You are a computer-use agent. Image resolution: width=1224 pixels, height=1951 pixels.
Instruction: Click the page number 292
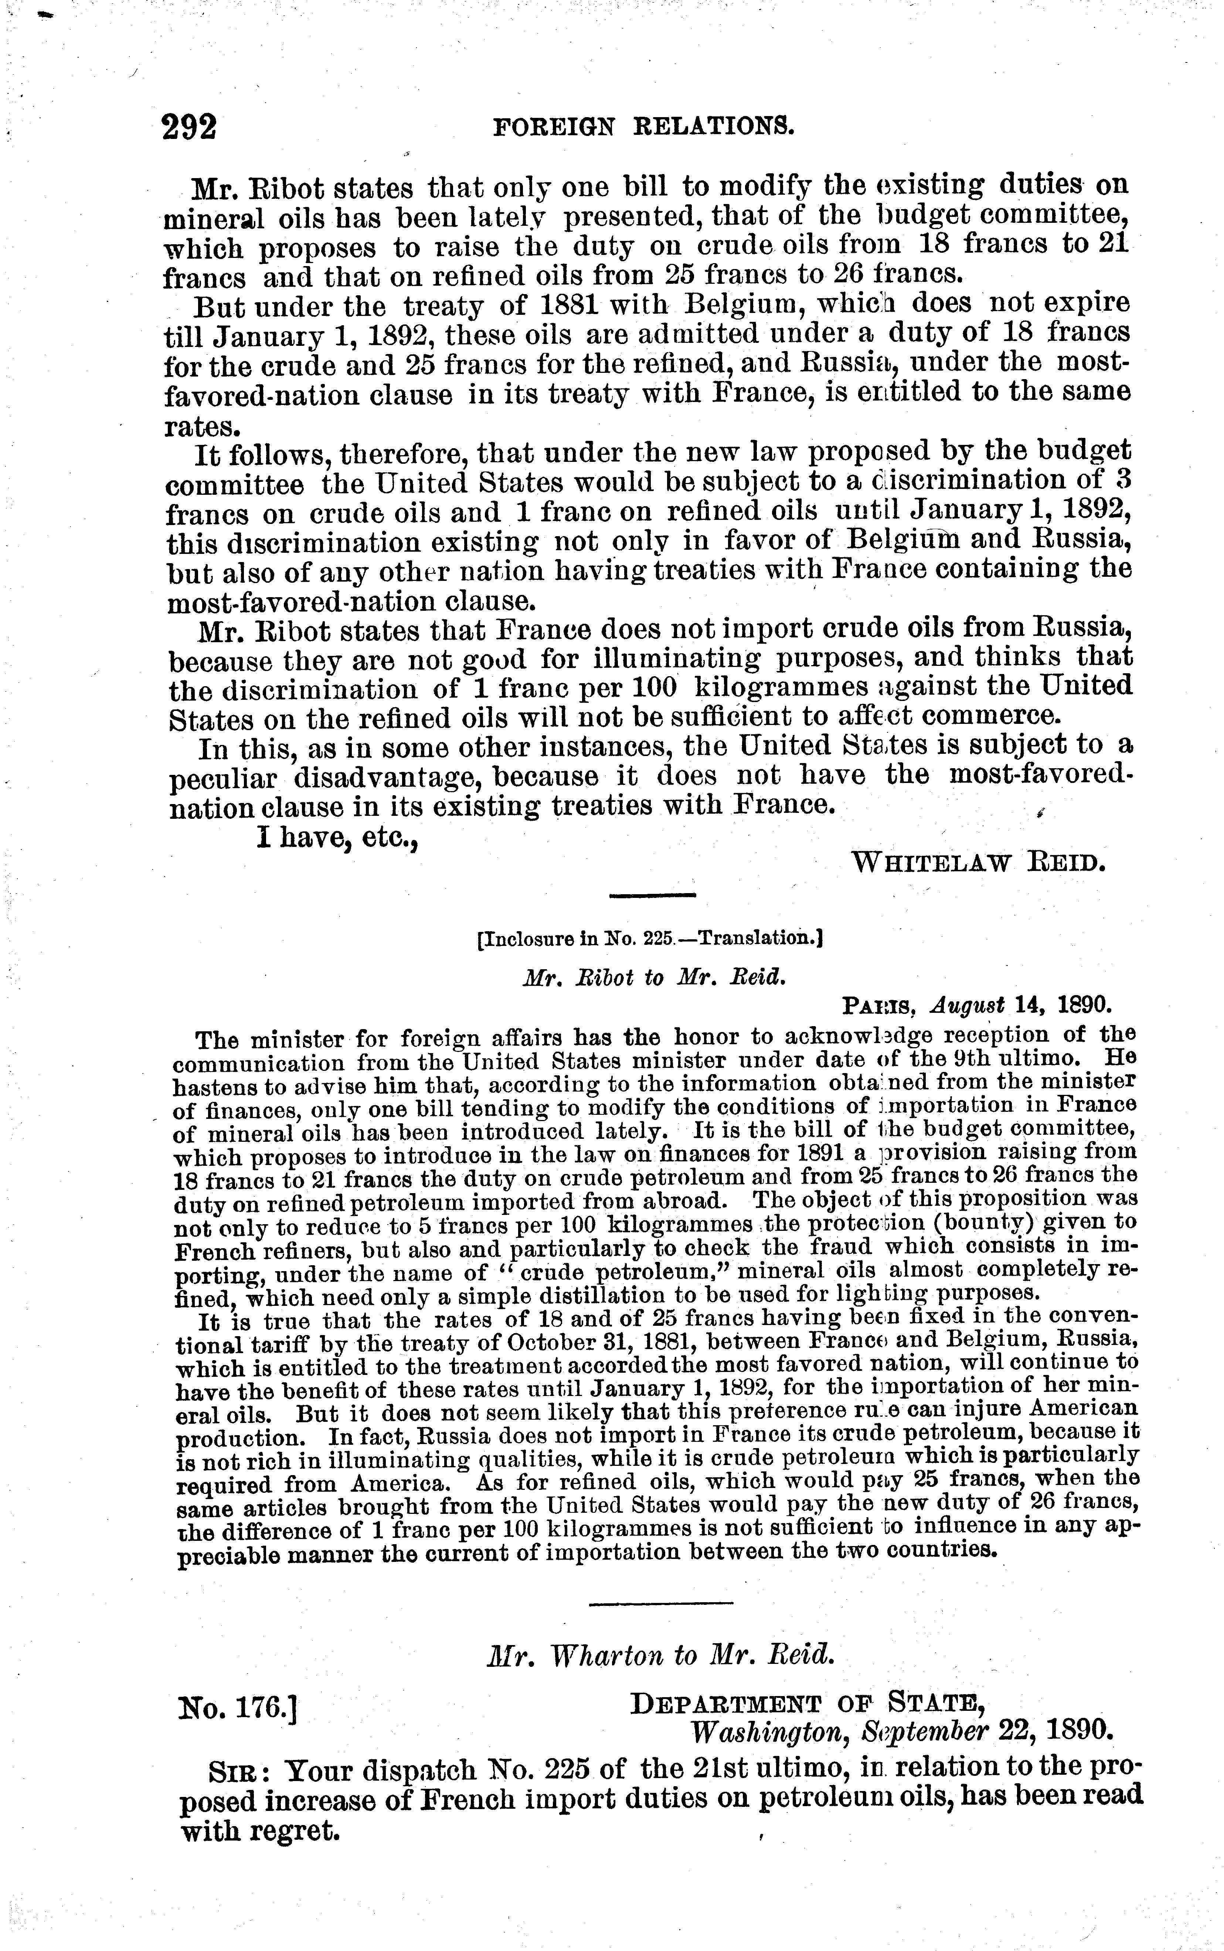[x=190, y=127]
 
